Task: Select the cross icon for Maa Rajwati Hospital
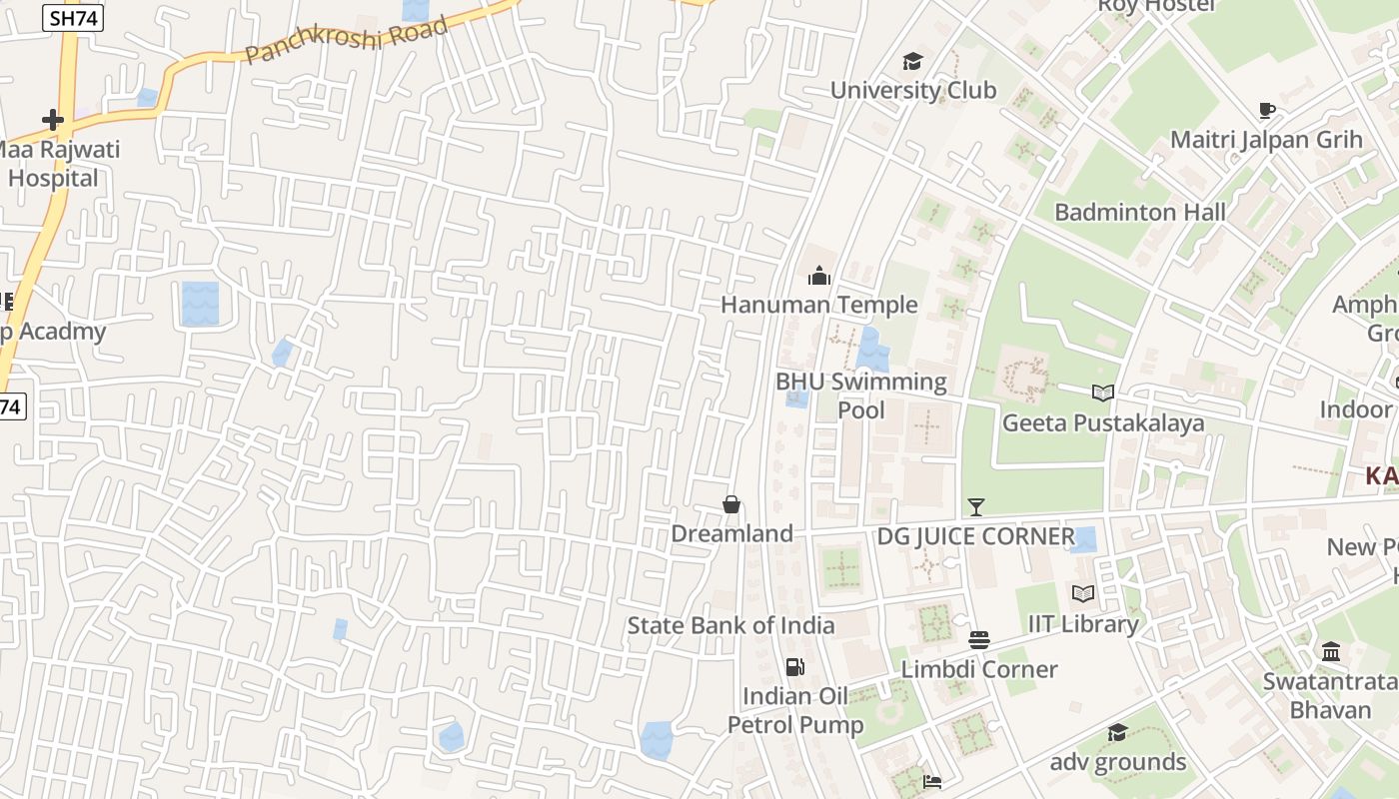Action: pos(53,121)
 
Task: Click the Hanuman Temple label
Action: pos(819,305)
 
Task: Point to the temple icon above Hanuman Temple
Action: pos(819,276)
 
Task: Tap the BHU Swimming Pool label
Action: pos(861,396)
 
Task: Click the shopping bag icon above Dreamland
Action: pos(731,505)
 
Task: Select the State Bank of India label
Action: pos(730,626)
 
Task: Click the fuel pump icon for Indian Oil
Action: pos(795,667)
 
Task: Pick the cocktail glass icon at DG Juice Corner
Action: pos(975,507)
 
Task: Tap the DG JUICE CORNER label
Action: pos(975,536)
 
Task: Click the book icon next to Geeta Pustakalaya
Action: pos(1103,394)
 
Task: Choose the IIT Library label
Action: pos(1083,624)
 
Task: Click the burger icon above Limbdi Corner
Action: pos(979,640)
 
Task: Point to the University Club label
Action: pos(913,90)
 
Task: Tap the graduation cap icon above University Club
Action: pos(912,62)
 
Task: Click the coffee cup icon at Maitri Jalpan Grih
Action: pos(1267,110)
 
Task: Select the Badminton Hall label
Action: pos(1140,212)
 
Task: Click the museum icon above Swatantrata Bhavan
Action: pos(1331,652)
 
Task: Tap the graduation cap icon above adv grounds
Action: pos(1117,733)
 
